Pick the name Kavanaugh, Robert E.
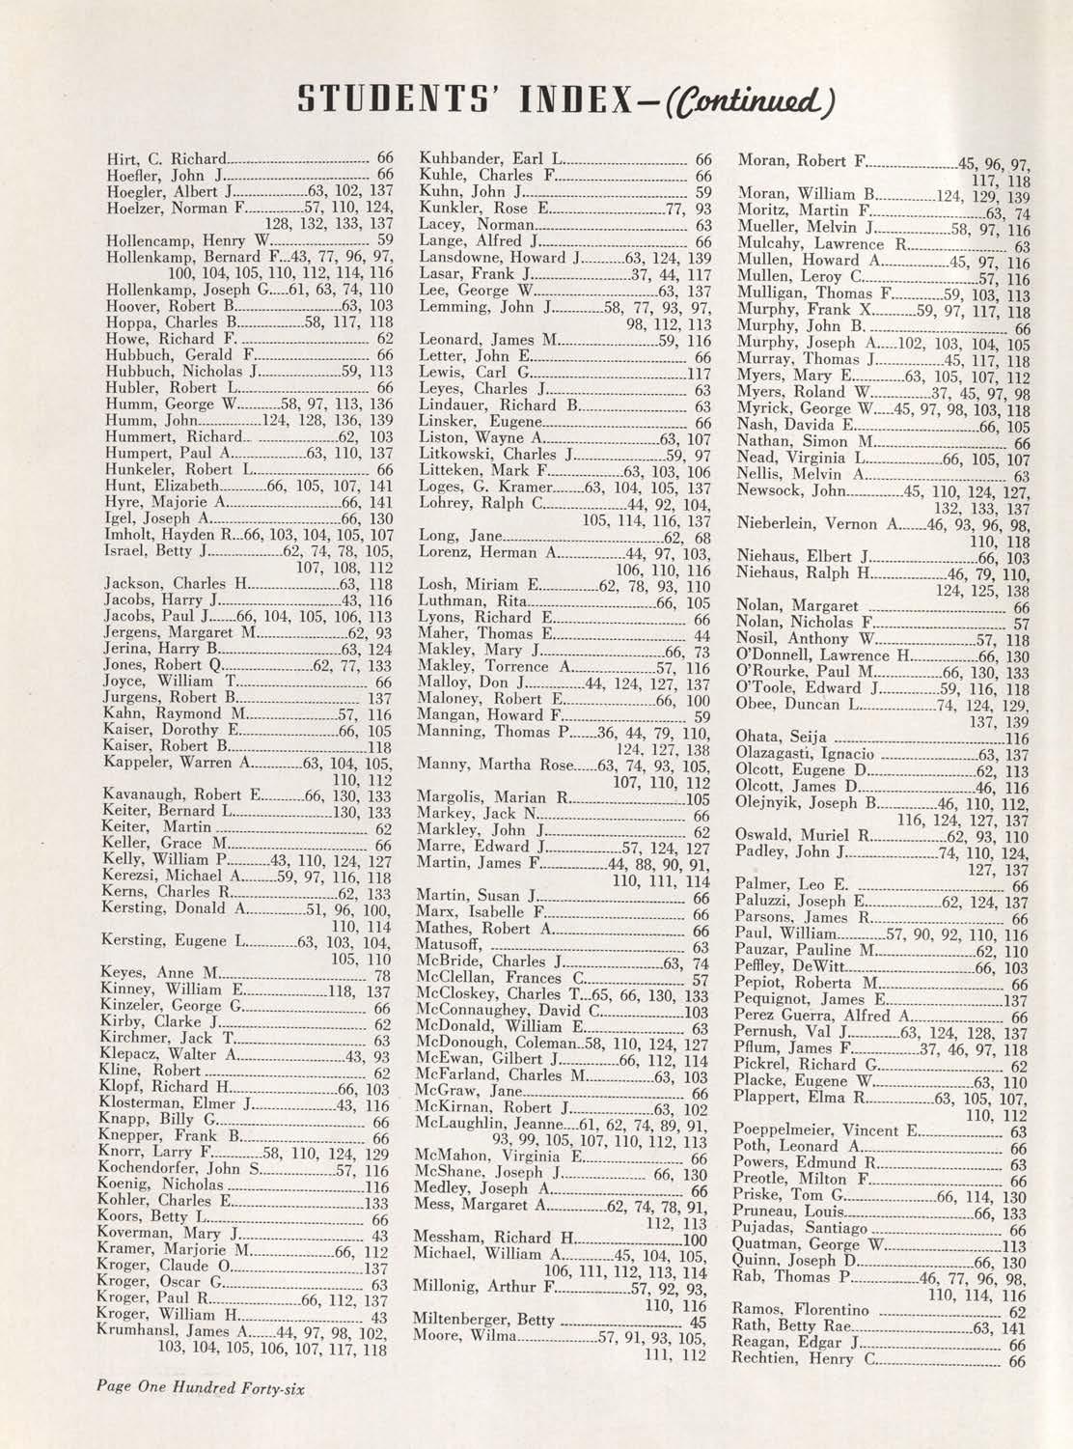click(181, 796)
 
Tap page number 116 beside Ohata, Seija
click(1018, 738)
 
